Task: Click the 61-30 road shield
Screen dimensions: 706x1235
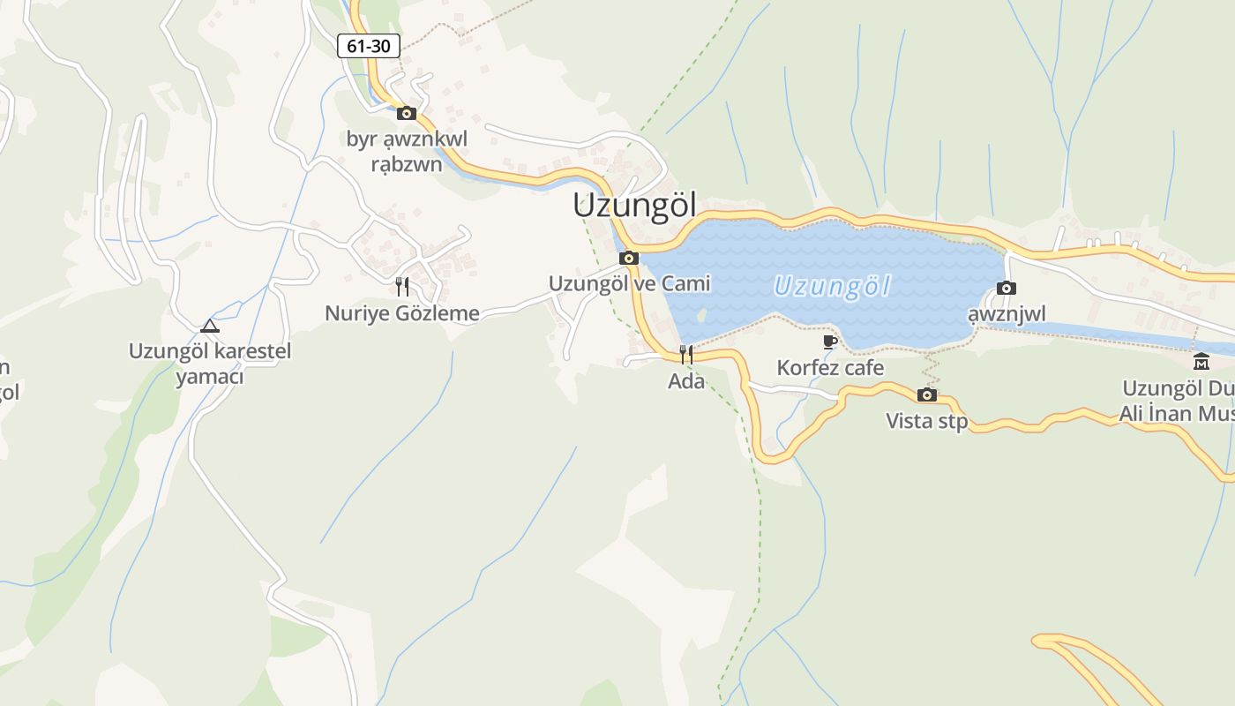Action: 369,46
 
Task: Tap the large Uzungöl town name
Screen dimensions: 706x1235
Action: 634,206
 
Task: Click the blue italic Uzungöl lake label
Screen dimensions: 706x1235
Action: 832,286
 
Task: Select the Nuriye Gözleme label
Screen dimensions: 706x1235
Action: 402,313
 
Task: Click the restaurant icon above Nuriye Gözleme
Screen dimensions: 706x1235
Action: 402,286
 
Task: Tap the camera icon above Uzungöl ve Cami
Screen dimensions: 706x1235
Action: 629,259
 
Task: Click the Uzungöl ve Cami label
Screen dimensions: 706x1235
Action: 629,283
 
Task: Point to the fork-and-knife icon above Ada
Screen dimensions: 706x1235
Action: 686,355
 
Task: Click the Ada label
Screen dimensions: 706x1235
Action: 686,381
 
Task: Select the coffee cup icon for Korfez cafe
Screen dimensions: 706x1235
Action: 829,342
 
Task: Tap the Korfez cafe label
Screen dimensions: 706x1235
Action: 830,367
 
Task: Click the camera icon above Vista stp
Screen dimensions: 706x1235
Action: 927,394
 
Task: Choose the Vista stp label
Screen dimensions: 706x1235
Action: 927,421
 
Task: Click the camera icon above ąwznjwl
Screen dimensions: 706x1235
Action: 1007,288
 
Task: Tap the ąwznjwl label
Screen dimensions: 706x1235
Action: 1007,314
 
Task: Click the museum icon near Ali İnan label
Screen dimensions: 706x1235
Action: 1201,362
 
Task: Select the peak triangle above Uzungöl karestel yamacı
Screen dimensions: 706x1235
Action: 209,326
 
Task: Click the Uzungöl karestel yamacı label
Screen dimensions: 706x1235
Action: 209,364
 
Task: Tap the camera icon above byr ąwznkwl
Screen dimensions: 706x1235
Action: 407,113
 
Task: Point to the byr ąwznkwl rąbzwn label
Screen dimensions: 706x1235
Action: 407,151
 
